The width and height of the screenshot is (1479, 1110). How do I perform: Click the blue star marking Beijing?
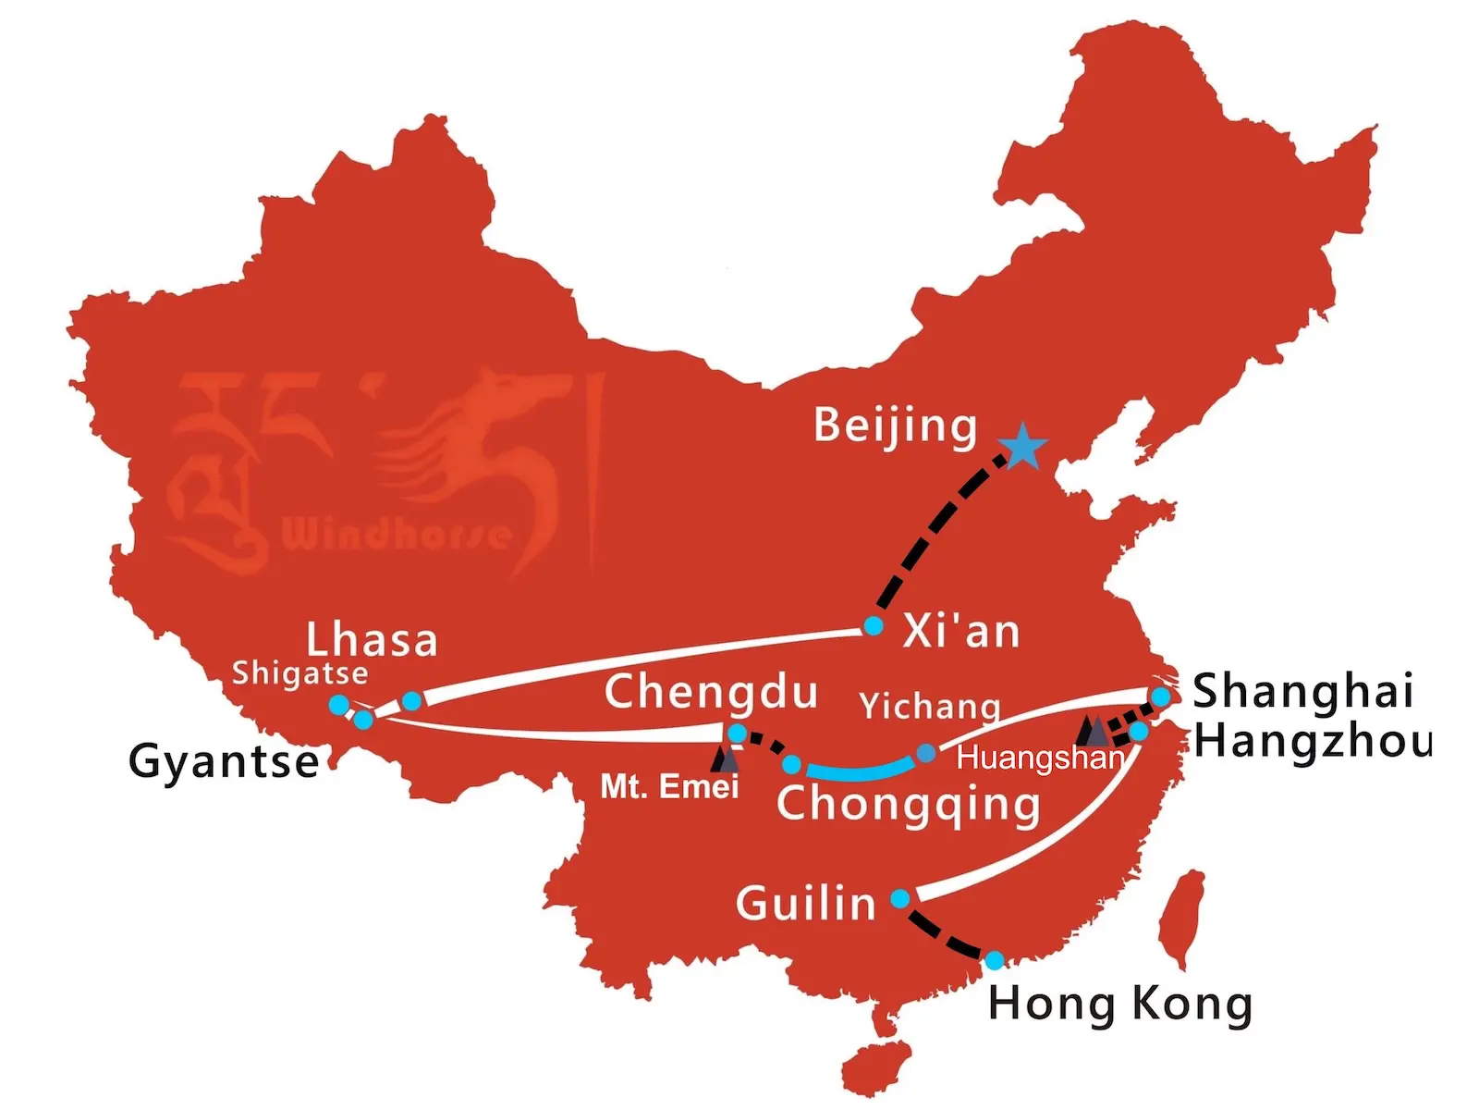click(1022, 448)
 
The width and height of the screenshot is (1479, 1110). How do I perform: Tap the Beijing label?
click(895, 426)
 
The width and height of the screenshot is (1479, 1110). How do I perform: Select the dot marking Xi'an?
click(873, 626)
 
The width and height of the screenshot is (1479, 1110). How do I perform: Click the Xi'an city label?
click(961, 632)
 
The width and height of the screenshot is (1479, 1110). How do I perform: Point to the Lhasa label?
click(372, 640)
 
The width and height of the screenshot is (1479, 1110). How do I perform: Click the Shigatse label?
click(299, 673)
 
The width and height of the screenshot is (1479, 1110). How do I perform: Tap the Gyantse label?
click(224, 762)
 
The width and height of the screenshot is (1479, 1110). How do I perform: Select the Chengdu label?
click(711, 693)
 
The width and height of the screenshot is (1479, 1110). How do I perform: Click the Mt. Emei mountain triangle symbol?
click(727, 759)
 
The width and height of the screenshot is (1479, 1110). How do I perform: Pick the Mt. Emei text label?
click(669, 787)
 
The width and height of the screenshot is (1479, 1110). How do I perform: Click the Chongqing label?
click(908, 805)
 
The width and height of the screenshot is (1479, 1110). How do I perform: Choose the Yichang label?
click(930, 707)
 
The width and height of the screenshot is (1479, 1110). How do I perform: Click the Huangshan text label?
click(1040, 758)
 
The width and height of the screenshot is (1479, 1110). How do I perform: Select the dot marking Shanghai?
click(1160, 697)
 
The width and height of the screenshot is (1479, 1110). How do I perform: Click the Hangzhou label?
click(1313, 741)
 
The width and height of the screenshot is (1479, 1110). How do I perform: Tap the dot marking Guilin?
click(900, 898)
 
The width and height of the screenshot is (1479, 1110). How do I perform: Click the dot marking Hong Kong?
click(994, 961)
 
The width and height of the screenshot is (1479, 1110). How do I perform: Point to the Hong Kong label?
click(1120, 1005)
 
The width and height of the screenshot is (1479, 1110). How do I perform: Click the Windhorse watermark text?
click(396, 535)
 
